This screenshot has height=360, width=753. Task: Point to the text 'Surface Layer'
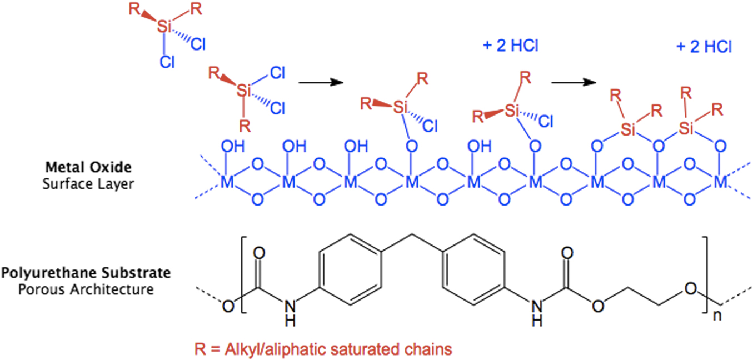88,184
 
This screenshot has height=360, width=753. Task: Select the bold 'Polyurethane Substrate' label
86,274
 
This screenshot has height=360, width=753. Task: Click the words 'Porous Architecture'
86,289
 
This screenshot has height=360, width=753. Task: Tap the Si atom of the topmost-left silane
163,26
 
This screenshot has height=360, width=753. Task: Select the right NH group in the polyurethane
535,313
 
